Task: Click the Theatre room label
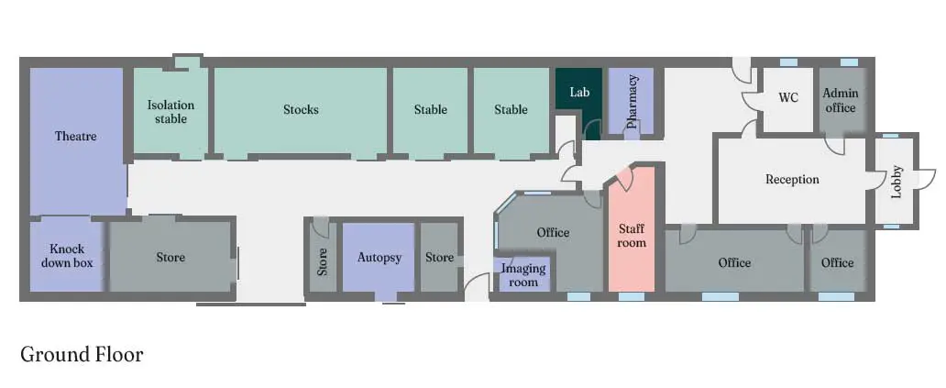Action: click(76, 137)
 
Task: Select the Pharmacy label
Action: click(632, 102)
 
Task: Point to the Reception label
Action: click(792, 179)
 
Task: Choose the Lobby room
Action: click(896, 181)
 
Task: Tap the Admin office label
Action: click(840, 101)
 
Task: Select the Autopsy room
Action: click(379, 257)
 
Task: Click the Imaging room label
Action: click(523, 275)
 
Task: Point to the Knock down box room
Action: click(66, 257)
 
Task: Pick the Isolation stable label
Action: click(170, 112)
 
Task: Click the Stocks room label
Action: click(301, 110)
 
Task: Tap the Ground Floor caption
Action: click(82, 354)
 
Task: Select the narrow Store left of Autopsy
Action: click(323, 258)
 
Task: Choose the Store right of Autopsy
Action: click(439, 258)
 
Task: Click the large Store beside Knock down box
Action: click(170, 258)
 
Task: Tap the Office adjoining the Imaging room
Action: click(552, 232)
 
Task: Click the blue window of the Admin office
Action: click(849, 62)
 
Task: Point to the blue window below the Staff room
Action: click(632, 296)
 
